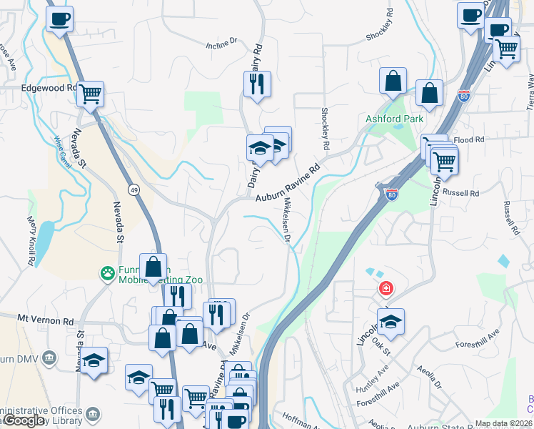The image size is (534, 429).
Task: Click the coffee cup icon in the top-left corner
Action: pos(59,19)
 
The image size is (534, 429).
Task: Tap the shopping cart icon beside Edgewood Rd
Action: pos(90,93)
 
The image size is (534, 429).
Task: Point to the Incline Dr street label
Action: pos(221,44)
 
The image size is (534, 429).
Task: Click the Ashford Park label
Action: pos(394,119)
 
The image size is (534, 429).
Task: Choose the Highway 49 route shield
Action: pos(133,189)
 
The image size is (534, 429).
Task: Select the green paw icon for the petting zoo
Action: pos(106,272)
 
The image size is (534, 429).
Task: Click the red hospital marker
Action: pos(386,288)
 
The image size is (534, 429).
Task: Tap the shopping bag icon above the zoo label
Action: pos(153,267)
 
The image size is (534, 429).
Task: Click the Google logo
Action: pos(24,421)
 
